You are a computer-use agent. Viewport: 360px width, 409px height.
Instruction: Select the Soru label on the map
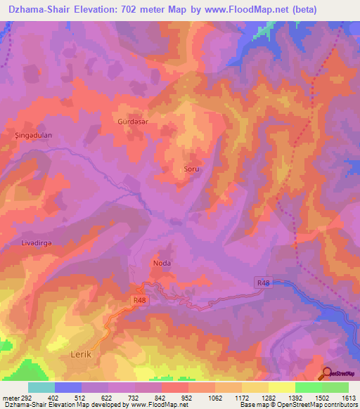pos(191,169)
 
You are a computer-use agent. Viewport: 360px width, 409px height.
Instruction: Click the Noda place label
pos(162,264)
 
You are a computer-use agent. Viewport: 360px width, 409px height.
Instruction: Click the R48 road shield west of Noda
pos(139,300)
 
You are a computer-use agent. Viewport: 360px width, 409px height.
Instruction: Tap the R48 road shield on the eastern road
pos(263,283)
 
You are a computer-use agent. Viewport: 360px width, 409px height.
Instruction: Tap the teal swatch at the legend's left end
pos(41,387)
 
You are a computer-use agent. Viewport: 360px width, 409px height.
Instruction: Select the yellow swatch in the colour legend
pos(281,387)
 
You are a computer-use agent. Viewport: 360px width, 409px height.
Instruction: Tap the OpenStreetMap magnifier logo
pos(326,373)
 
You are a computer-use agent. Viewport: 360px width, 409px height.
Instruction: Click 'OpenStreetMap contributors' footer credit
pos(320,405)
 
